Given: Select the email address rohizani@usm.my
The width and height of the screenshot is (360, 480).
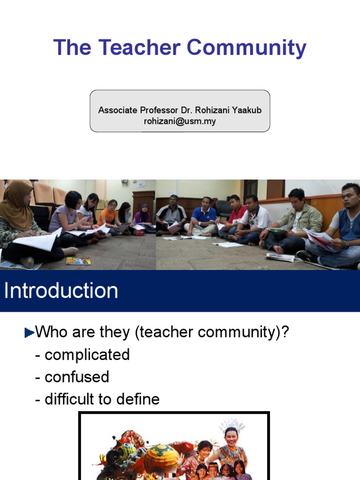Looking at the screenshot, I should click(x=180, y=121).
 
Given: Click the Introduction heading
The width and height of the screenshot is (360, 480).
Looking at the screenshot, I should click(x=61, y=291).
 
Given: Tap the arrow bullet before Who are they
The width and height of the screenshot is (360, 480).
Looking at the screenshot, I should click(x=29, y=333).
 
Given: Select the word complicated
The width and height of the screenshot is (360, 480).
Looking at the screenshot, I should click(x=87, y=355).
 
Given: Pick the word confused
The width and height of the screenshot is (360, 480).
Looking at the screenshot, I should click(x=76, y=377).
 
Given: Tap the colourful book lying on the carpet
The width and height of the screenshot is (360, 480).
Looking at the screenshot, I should click(x=78, y=261).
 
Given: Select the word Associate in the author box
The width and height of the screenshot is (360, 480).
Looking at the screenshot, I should click(x=118, y=110).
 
